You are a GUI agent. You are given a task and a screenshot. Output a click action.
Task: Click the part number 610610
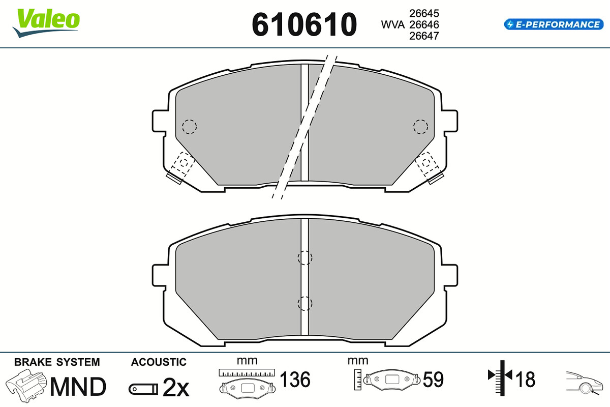(304, 24)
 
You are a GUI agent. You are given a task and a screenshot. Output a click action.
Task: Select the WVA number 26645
(424, 13)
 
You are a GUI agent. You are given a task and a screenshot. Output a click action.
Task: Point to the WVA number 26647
(424, 36)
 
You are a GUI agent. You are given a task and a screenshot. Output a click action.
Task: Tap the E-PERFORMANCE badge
(554, 24)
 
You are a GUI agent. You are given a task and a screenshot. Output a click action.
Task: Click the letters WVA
(392, 24)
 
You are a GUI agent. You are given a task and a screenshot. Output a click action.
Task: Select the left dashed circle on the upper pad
(189, 127)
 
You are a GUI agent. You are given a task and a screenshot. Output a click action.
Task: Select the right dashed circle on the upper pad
(420, 127)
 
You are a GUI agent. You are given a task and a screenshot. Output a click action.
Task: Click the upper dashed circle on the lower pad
(305, 257)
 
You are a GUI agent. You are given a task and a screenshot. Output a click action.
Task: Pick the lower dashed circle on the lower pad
(305, 303)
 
